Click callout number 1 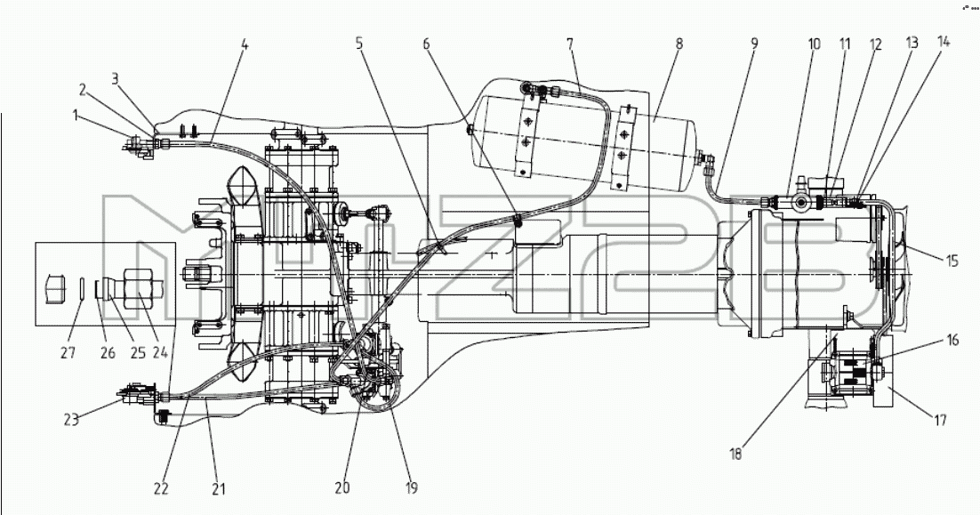click(75, 115)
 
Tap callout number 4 click(245, 44)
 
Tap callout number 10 click(814, 44)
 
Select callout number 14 click(944, 42)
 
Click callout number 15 click(952, 261)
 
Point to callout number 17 click(940, 420)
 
